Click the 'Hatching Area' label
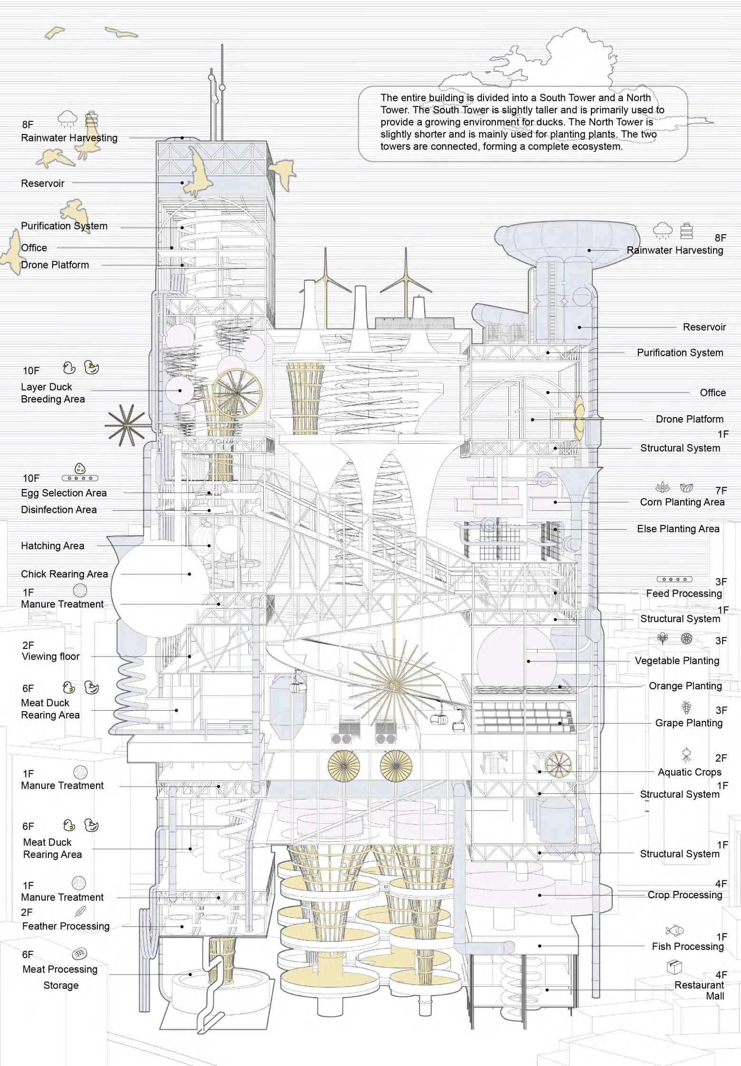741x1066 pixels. coord(52,546)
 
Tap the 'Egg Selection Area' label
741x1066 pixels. coord(64,493)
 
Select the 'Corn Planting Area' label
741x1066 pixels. coord(682,502)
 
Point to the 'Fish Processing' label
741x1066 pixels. coord(687,946)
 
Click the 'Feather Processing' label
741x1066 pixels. coord(66,926)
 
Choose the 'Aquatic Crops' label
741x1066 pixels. coord(689,772)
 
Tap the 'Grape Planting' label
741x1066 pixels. coord(689,723)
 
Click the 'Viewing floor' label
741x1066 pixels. coord(50,657)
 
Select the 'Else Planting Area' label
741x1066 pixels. coord(678,529)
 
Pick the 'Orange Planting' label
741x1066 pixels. coord(685,686)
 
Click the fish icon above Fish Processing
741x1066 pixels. coord(674,930)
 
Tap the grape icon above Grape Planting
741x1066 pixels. coord(686,708)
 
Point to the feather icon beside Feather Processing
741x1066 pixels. coord(81,911)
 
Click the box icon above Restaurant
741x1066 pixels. coord(674,966)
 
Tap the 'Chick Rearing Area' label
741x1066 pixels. coord(64,574)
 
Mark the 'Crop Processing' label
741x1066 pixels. coord(684,895)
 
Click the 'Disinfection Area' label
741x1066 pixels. coord(58,510)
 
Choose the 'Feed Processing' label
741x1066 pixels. coord(684,593)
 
